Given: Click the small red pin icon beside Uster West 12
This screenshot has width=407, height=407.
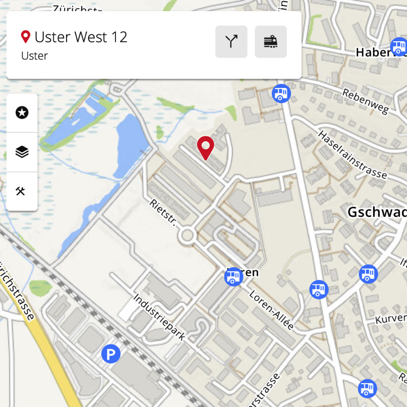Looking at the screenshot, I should tap(25, 37).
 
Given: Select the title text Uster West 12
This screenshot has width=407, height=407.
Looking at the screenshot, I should tap(81, 37).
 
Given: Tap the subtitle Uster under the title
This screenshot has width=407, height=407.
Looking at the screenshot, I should tap(35, 56).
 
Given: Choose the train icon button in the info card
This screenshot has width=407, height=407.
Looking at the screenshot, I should tap(271, 42).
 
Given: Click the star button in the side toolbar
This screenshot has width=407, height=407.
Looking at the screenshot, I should tap(22, 113).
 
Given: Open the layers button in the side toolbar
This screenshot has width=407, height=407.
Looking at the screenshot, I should tap(22, 152).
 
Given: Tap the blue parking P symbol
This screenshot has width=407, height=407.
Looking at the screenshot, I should tap(110, 354).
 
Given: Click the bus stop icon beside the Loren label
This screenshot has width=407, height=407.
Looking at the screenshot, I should tap(234, 277).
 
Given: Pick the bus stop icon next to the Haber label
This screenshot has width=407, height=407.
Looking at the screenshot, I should tap(398, 48).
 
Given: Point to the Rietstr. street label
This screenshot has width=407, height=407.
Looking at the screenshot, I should tap(163, 213).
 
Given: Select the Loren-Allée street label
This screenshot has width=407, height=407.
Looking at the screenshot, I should tap(272, 310).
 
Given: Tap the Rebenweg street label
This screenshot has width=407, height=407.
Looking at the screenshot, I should tap(365, 101).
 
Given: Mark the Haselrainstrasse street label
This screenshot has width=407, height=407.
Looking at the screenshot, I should tap(352, 154).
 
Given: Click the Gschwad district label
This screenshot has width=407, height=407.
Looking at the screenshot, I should tap(376, 212).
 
